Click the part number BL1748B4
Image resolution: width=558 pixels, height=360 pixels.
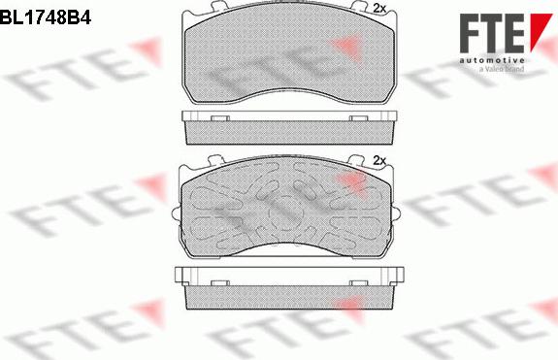click(x=46, y=16)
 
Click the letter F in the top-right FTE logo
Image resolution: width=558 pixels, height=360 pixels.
click(x=473, y=34)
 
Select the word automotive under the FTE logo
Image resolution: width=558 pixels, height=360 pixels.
click(x=491, y=60)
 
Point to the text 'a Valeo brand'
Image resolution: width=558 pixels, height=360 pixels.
click(x=502, y=69)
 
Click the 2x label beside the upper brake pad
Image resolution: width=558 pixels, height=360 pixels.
click(x=379, y=9)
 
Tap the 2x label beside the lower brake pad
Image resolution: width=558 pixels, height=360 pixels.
click(x=379, y=161)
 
